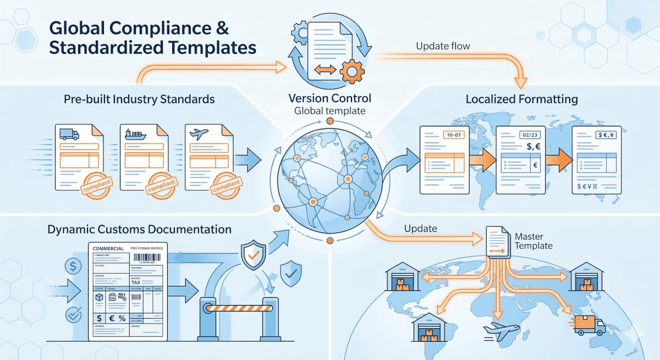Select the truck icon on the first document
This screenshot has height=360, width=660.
click(69, 134)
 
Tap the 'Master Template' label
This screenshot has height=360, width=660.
click(533, 241)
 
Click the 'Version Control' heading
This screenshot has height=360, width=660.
click(329, 98)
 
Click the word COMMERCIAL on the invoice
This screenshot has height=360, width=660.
click(108, 249)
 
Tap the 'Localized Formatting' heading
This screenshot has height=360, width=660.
click(521, 99)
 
